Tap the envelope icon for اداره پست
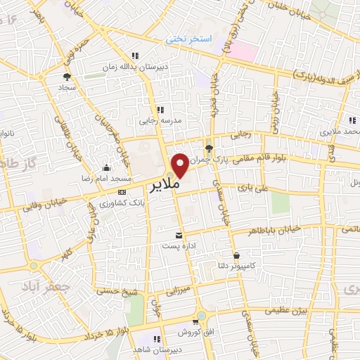coord(179,234)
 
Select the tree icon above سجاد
coord(67,77)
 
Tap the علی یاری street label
coord(252,188)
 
